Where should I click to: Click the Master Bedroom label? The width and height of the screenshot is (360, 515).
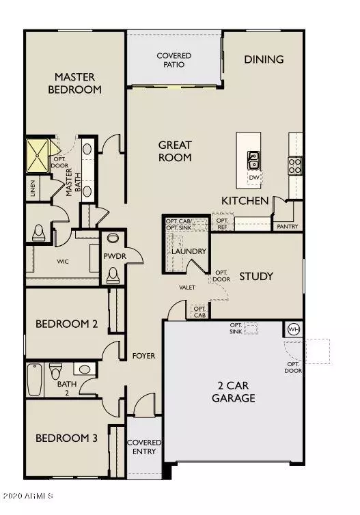point(78,83)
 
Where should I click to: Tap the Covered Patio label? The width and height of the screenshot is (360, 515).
point(174,60)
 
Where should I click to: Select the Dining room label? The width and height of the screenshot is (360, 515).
point(264,59)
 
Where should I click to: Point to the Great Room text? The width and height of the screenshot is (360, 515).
point(175,151)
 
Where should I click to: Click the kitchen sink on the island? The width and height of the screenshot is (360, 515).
point(253,161)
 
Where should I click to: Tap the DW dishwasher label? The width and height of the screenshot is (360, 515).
point(254,178)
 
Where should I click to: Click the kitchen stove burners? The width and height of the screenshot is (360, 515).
point(295,165)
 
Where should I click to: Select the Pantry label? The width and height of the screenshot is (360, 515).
point(284,226)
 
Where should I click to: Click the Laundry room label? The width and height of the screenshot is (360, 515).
point(189,251)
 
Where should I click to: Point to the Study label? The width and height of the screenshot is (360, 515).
point(256,277)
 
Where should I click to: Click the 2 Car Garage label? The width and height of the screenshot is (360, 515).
point(233,391)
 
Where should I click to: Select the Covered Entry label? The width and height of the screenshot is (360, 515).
point(144,447)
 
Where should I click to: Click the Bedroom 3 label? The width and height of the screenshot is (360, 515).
point(66,438)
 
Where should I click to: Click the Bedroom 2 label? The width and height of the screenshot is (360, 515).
point(66,324)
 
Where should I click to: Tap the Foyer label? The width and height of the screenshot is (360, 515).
point(144,356)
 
